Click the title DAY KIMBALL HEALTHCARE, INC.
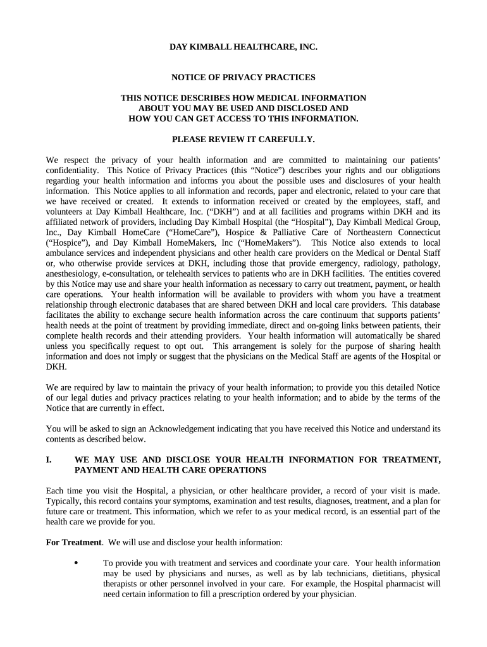pyautogui.click(x=244, y=47)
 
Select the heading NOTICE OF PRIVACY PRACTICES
pyautogui.click(x=244, y=77)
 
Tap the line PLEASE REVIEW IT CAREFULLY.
pyautogui.click(x=244, y=138)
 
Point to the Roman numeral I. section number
pyautogui.click(x=49, y=460)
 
